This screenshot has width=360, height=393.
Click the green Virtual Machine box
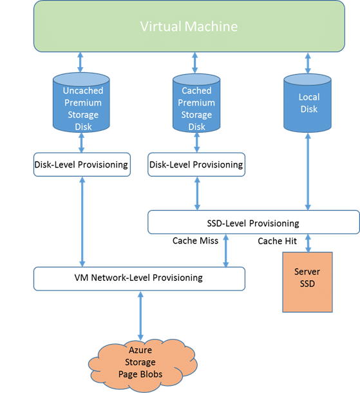point(189,26)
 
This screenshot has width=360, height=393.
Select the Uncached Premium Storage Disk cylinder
point(81,102)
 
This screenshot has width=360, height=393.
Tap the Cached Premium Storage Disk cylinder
point(196,103)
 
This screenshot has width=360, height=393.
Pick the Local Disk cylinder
point(307,103)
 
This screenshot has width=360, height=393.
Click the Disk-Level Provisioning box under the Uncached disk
point(82,164)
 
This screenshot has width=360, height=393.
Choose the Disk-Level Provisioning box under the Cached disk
point(196,164)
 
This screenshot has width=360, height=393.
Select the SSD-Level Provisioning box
point(254,222)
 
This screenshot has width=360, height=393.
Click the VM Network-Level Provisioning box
point(139,279)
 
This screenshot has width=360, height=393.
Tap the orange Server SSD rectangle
point(307,282)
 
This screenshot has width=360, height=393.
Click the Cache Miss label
point(195,240)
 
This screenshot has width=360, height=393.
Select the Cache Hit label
point(278,241)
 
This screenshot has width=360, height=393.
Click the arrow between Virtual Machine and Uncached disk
point(80,62)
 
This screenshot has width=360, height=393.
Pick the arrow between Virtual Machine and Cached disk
point(195,63)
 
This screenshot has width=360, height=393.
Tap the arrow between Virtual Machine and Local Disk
point(308,63)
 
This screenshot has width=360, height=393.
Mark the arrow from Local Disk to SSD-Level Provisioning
point(308,171)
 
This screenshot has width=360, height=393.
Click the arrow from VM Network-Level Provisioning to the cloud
point(140,316)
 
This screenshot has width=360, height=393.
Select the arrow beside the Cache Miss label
point(225,251)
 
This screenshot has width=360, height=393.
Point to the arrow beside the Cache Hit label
point(308,243)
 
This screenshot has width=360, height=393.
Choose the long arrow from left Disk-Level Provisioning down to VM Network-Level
point(82,222)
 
